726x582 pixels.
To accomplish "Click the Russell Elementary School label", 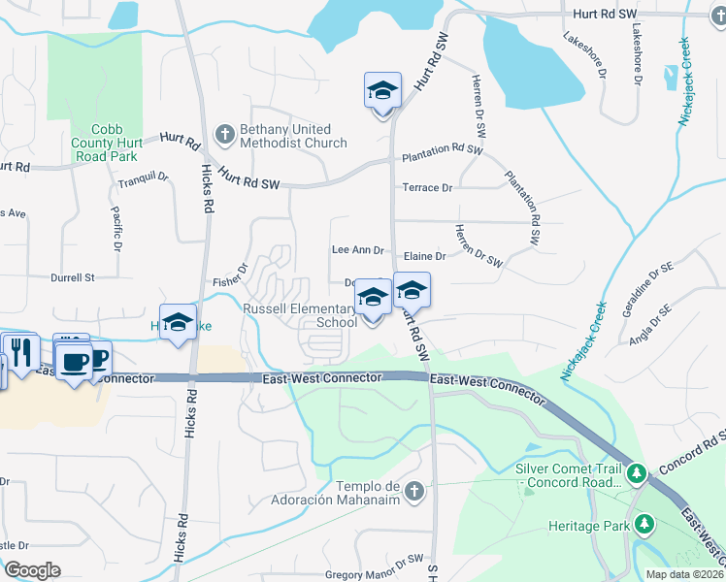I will pos(299,315).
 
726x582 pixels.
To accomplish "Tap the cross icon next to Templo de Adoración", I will pos(415,492).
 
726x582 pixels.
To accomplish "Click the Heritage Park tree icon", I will pos(643,524).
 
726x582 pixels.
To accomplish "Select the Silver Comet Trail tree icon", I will pos(636,474).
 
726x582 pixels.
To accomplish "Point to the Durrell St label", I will pos(73,276).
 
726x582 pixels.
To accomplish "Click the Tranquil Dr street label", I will pos(143,180).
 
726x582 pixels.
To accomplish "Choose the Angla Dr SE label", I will pos(649,324).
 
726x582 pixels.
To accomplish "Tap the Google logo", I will pos(32,569).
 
